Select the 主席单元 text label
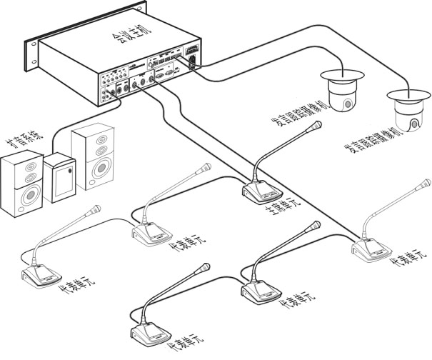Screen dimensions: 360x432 click(283, 210)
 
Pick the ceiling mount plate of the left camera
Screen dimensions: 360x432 click(341, 73)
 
